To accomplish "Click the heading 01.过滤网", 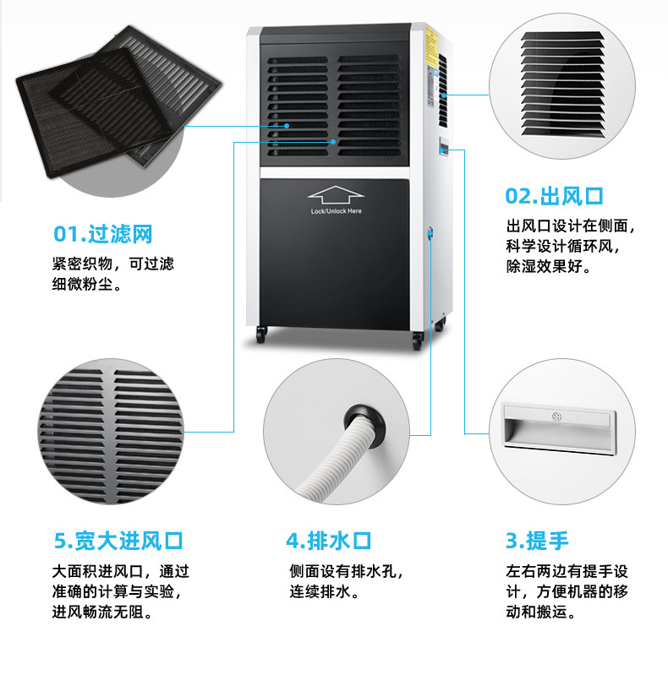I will (x=102, y=233).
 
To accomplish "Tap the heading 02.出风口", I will (x=554, y=196).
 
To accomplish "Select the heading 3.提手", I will (x=537, y=541).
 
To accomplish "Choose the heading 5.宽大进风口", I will (x=118, y=541).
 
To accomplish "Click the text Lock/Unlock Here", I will (x=336, y=210).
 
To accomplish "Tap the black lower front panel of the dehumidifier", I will (x=336, y=253).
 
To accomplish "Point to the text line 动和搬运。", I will (x=542, y=612).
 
